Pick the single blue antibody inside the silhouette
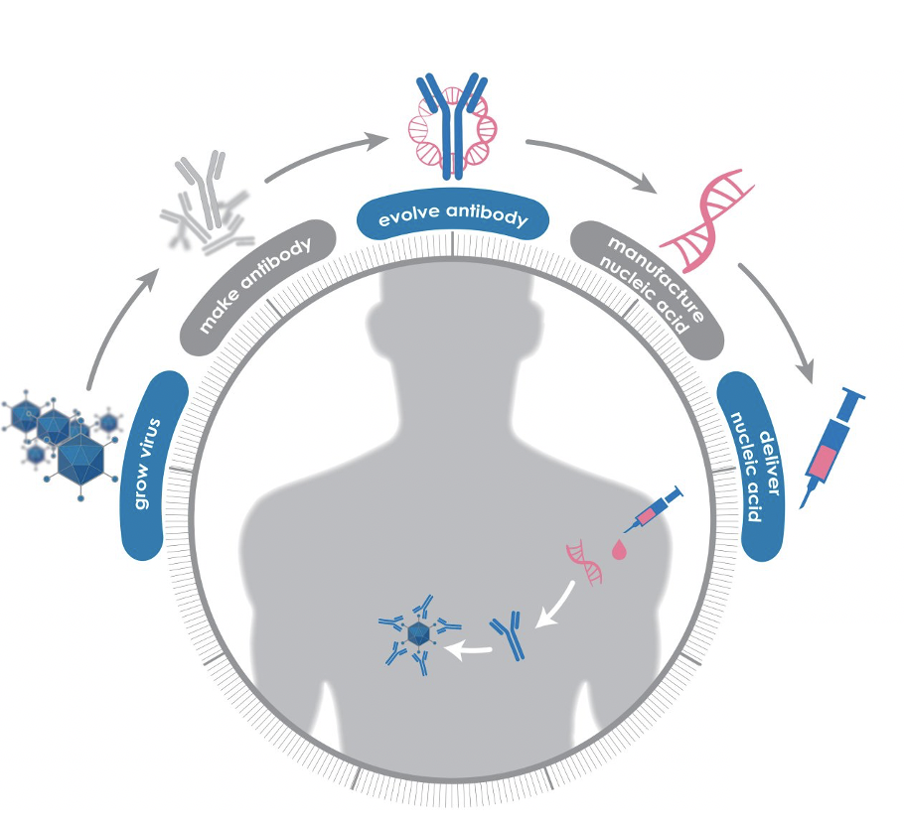[x=510, y=636]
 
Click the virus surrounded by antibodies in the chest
[x=418, y=635]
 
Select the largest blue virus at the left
[x=79, y=459]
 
